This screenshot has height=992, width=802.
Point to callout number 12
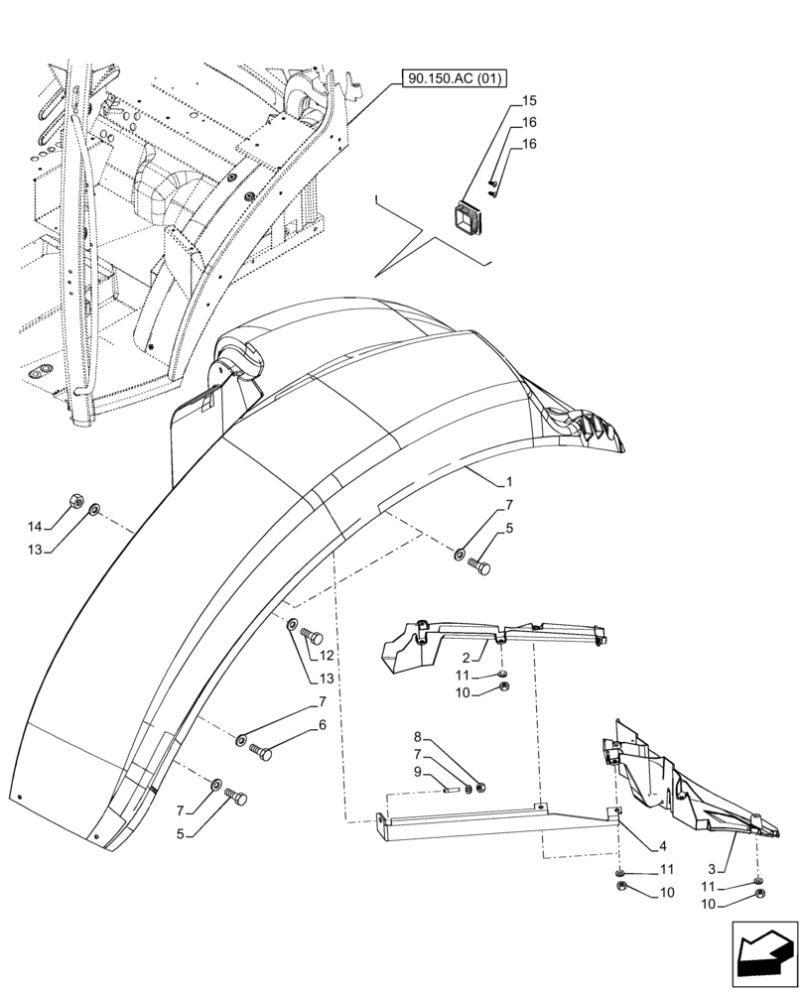(327, 656)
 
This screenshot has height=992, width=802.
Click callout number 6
(322, 725)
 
